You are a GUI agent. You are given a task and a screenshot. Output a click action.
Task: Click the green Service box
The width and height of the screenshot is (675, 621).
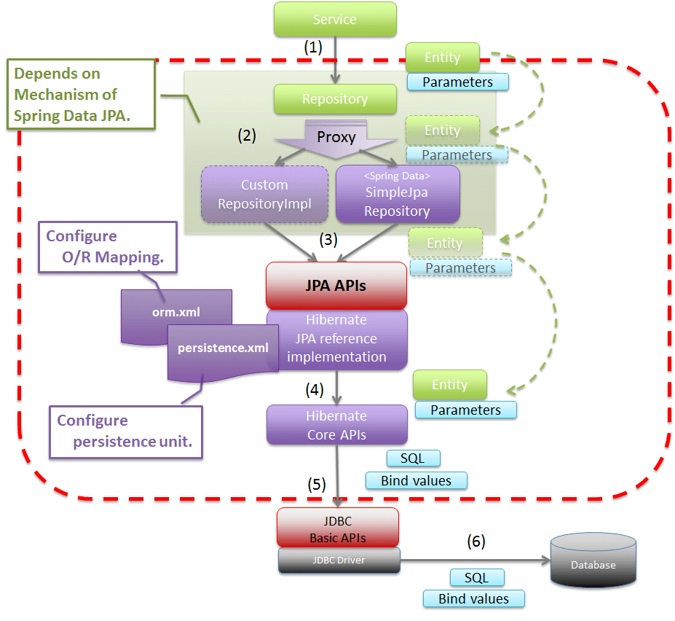tap(335, 19)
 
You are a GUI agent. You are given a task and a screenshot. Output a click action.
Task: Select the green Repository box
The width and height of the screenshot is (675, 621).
tap(335, 99)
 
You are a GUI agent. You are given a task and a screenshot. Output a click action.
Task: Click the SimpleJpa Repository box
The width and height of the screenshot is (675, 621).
tap(397, 194)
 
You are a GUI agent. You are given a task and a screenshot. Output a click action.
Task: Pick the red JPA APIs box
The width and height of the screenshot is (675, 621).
tap(336, 286)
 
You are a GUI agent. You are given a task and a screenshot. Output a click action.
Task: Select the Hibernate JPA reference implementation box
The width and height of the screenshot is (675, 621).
tap(336, 340)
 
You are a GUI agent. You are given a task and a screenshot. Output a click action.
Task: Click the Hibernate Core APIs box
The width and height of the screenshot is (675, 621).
tap(336, 425)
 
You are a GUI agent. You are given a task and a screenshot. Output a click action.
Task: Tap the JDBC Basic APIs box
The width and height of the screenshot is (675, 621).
tap(338, 528)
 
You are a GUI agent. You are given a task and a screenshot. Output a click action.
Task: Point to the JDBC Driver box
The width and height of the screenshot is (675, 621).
tap(339, 560)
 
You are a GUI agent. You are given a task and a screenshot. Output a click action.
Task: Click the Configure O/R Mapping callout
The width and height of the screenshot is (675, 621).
tap(110, 246)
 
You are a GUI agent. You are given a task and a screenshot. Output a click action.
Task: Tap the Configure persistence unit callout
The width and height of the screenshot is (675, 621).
tap(126, 431)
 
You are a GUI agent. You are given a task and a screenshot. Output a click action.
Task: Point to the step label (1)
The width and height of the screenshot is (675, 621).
tap(312, 47)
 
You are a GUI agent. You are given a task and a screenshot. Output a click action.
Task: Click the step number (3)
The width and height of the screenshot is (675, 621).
tap(328, 238)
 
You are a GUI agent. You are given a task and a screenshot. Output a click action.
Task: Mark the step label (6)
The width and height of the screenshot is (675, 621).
tap(475, 542)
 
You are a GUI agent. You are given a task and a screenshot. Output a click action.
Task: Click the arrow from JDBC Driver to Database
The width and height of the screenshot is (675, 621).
tap(473, 561)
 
